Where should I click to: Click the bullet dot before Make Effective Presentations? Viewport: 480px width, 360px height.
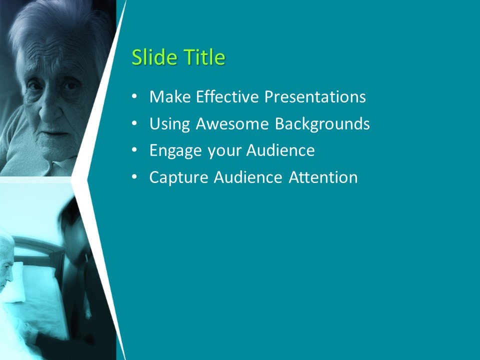click(x=134, y=96)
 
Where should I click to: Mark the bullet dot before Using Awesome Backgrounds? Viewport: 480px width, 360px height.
click(x=134, y=123)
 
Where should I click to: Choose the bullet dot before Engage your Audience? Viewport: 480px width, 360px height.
click(x=134, y=150)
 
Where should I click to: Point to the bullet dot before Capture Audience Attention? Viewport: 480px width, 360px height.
click(x=134, y=177)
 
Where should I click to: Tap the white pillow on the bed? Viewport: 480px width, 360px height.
click(x=18, y=282)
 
